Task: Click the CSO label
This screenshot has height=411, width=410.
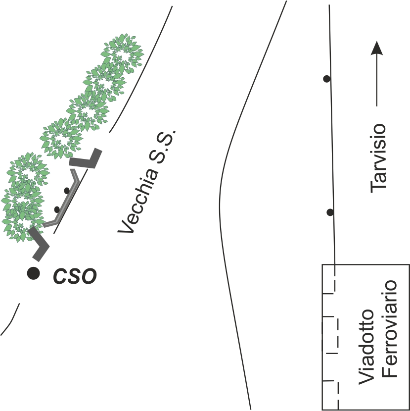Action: pos(75,276)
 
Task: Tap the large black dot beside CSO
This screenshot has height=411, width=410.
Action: pos(34,273)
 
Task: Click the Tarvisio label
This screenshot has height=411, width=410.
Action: pos(378,157)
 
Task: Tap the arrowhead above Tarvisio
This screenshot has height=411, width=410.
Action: pos(378,49)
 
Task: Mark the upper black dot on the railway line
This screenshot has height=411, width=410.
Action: pos(326,78)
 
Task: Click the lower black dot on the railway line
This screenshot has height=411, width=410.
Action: pos(330,212)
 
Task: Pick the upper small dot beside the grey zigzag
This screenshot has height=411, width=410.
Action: pos(67,191)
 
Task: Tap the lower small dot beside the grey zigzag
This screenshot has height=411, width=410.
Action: pos(57,209)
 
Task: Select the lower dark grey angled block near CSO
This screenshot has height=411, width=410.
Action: pos(39,244)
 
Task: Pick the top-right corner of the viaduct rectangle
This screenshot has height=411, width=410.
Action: pos(409,264)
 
